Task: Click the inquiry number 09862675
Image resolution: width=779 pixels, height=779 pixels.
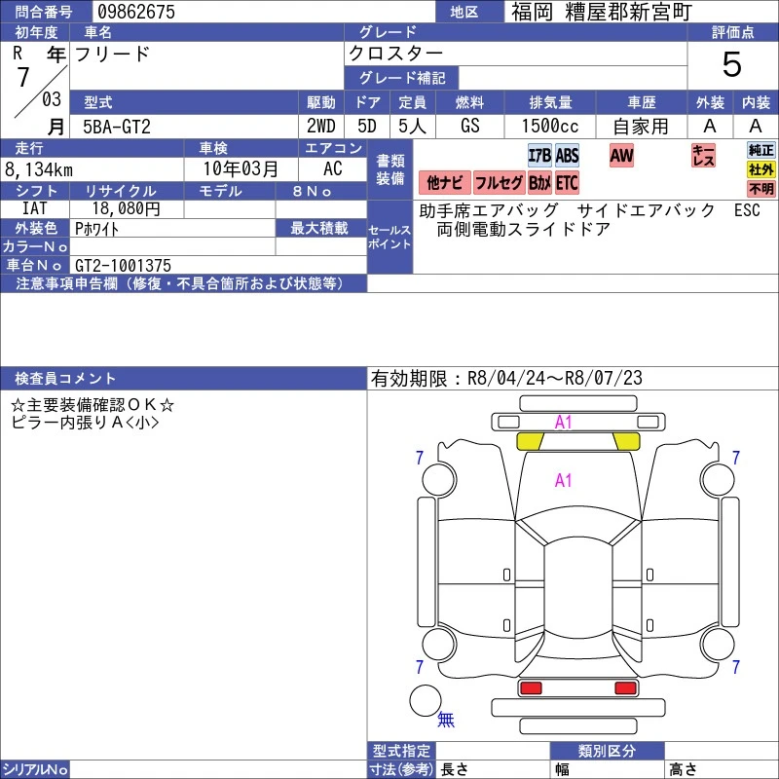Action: tap(136, 12)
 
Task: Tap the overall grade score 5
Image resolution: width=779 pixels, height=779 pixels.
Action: tap(732, 64)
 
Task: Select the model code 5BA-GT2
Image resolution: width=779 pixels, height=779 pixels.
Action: tap(116, 127)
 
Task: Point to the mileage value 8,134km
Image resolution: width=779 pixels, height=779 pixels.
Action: tap(39, 169)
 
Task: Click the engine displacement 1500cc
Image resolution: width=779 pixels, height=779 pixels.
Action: tap(550, 127)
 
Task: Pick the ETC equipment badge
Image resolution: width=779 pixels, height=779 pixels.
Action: tap(567, 183)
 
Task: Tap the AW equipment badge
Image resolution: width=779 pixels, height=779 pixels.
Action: tap(621, 155)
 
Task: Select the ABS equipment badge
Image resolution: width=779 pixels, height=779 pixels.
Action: tap(567, 156)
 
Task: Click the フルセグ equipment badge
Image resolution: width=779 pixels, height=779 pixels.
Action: tap(499, 183)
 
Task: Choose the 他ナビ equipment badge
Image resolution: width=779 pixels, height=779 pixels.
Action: tap(445, 183)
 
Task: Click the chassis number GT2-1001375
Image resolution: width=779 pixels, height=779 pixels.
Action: tap(123, 265)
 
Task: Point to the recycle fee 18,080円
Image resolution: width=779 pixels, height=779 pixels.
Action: tap(127, 208)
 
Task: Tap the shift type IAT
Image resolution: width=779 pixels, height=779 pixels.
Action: tap(35, 208)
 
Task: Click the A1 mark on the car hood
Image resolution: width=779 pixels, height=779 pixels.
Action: tap(564, 480)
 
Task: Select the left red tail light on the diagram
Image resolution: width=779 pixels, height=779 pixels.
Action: tap(530, 688)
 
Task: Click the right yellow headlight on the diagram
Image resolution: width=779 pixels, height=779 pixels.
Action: tap(626, 441)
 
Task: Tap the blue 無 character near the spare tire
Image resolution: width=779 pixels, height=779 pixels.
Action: tap(446, 719)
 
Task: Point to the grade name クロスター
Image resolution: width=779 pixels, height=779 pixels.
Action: tap(395, 54)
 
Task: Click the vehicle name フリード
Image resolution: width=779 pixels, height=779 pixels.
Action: tap(112, 54)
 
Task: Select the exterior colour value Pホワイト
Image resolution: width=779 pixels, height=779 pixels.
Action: tap(96, 229)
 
